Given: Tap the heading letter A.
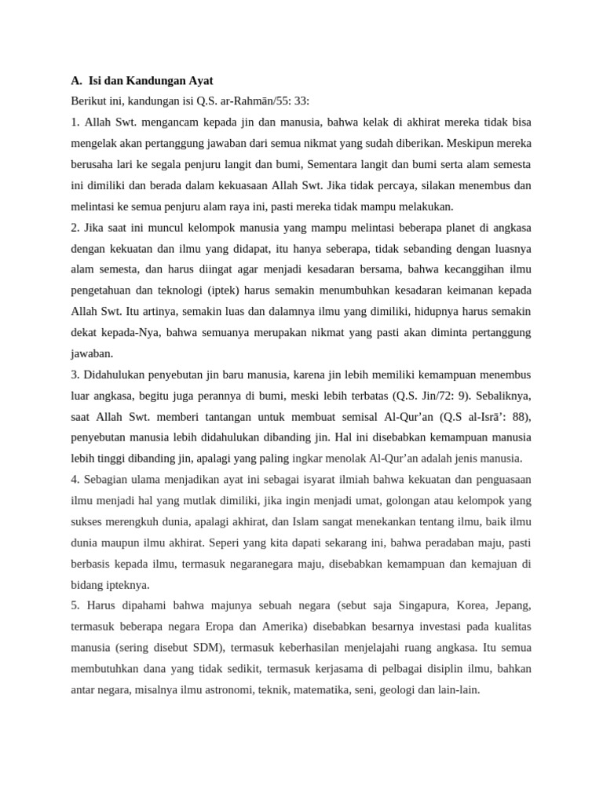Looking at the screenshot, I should pos(75,80).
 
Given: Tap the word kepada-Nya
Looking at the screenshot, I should pos(127,333).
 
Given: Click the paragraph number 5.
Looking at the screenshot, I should pos(75,605).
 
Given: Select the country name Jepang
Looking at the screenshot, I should pos(511,605).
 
